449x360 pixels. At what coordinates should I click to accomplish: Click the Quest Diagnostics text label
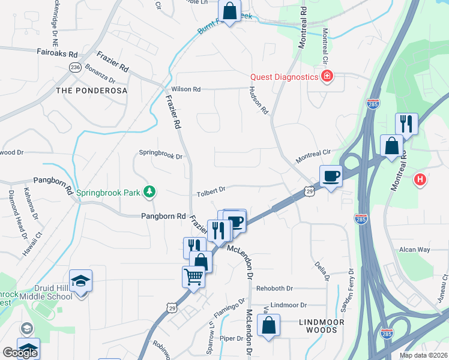click(x=284, y=77)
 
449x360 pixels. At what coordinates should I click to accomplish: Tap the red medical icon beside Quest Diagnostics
click(x=327, y=76)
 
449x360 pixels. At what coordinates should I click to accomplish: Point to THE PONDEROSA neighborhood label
click(x=91, y=91)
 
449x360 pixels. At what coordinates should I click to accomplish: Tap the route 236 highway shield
click(x=75, y=67)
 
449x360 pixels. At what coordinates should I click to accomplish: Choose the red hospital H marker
click(x=421, y=179)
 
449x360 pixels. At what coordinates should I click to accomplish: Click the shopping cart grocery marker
click(x=193, y=277)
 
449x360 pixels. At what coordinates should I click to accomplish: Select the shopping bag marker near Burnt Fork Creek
click(x=229, y=11)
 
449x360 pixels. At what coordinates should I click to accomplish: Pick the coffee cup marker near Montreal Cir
click(x=331, y=176)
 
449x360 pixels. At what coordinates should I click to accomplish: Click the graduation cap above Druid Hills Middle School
click(x=80, y=281)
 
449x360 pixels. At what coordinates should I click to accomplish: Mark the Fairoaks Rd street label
click(x=58, y=53)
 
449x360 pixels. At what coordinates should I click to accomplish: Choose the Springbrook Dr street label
click(x=160, y=154)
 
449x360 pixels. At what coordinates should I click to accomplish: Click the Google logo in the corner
click(x=20, y=353)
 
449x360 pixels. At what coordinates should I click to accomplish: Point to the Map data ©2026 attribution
click(x=423, y=355)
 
